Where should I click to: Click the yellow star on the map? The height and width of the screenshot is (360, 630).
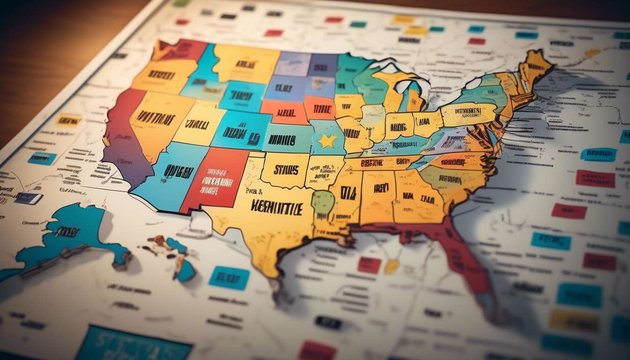tap(327, 141)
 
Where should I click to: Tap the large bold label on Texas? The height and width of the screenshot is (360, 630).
tap(277, 207)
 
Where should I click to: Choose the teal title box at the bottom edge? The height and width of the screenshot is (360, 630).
tap(134, 345)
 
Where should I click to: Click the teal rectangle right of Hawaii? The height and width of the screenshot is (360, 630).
tap(229, 277)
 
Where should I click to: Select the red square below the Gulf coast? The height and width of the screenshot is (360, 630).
tap(369, 265)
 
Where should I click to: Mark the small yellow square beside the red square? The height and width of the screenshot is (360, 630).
tap(391, 266)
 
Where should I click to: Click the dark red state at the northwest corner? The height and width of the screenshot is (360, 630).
tap(180, 49)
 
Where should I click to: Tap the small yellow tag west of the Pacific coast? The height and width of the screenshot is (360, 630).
tap(68, 120)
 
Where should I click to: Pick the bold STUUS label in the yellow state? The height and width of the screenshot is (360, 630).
tap(285, 170)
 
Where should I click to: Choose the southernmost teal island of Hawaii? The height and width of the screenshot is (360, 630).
tap(185, 271)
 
